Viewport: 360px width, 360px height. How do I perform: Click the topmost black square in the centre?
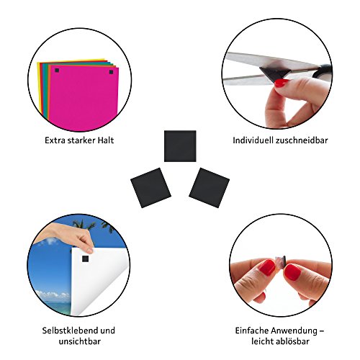(x=180, y=146)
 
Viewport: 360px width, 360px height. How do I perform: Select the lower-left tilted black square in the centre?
(x=150, y=188)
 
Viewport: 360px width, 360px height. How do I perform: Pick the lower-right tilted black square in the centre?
(x=209, y=188)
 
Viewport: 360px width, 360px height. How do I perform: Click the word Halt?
(x=106, y=140)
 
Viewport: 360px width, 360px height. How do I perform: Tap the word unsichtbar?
(x=80, y=341)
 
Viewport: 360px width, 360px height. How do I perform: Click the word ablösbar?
(x=293, y=341)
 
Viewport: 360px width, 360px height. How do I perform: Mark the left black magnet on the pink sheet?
(x=57, y=71)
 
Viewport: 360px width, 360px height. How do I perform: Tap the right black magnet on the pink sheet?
(x=111, y=72)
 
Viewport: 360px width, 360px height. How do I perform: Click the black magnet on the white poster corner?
(x=85, y=258)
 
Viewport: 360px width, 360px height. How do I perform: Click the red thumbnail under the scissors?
(x=281, y=83)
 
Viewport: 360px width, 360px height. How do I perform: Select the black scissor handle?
(x=323, y=71)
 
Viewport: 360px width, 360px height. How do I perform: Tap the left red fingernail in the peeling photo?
(x=267, y=267)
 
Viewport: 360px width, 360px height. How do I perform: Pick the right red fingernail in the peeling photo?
(x=292, y=272)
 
